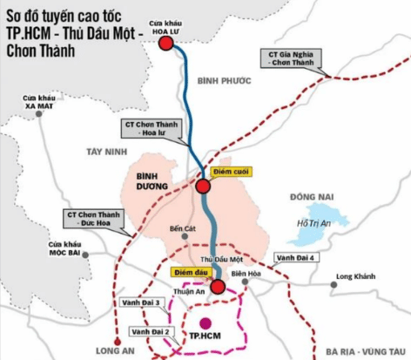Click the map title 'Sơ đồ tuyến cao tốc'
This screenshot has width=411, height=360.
(x=69, y=17)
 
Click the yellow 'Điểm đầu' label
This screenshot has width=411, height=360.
(x=187, y=272)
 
